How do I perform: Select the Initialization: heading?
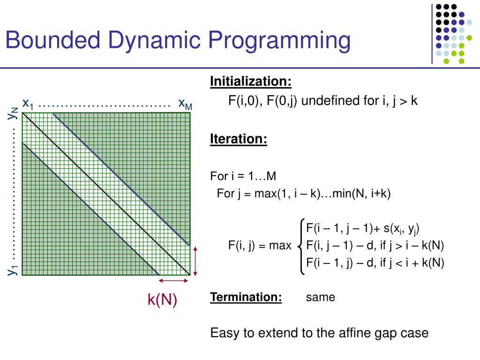click(251, 82)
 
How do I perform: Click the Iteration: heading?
click(239, 139)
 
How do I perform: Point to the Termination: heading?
click(246, 297)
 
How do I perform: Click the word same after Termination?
click(321, 297)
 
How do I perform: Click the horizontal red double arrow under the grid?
click(174, 281)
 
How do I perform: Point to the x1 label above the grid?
click(28, 104)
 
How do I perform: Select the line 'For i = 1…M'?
click(243, 176)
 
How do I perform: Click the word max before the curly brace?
click(280, 245)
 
